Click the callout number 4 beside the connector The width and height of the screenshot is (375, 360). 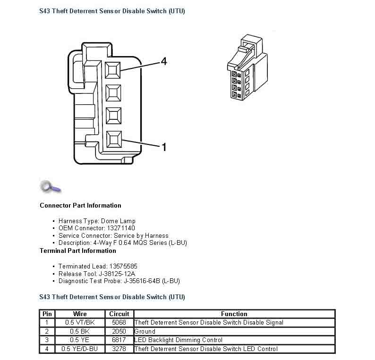tap(163, 61)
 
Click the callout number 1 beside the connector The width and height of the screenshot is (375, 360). tap(163, 147)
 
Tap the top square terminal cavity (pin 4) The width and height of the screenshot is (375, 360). tap(114, 70)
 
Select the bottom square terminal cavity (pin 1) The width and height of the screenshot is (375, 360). tap(114, 139)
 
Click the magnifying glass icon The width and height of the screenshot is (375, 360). tap(50, 187)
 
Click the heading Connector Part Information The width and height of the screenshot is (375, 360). tap(80, 205)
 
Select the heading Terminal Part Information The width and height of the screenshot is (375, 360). tap(77, 251)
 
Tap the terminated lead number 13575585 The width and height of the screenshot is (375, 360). tap(121, 266)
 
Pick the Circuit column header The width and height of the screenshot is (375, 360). tap(119, 314)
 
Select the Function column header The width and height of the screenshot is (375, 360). tap(234, 314)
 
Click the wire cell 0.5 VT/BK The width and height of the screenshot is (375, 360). tap(80, 323)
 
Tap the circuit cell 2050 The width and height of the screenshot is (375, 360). tap(119, 331)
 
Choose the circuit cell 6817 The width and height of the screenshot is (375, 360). tap(119, 340)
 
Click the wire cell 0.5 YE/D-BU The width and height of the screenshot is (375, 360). tap(80, 349)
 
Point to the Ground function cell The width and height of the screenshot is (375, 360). tap(145, 331)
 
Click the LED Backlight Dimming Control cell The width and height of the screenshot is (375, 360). tap(179, 340)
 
